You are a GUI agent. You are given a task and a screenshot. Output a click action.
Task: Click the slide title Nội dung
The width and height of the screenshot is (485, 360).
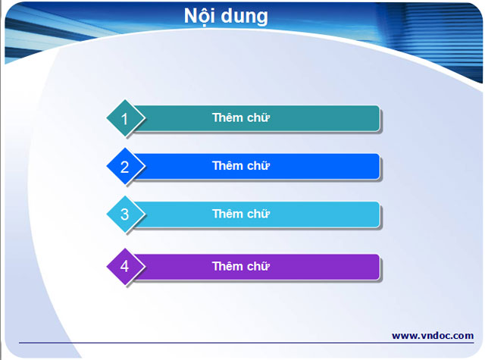tap(226, 16)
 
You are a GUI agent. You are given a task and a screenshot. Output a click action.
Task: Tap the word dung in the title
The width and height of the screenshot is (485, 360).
tap(244, 17)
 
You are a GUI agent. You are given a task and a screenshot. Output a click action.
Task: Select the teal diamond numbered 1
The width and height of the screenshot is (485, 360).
tap(125, 118)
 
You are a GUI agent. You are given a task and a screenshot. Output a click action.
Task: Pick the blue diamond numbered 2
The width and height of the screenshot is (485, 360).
tap(125, 167)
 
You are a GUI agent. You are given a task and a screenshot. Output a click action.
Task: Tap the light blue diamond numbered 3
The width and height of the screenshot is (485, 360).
tap(125, 214)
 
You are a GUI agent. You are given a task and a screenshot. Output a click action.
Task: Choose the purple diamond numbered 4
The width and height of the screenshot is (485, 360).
tap(125, 266)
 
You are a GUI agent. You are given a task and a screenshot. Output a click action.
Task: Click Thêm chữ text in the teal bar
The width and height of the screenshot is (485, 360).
tap(241, 117)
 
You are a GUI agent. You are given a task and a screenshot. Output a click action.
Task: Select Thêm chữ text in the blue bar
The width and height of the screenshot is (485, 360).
tap(241, 166)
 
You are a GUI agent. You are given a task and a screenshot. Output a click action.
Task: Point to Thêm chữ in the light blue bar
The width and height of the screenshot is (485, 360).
tap(241, 214)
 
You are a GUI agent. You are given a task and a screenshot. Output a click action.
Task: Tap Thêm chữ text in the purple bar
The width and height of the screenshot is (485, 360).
tap(241, 266)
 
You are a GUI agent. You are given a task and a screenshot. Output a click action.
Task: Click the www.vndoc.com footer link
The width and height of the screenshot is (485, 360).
tap(432, 335)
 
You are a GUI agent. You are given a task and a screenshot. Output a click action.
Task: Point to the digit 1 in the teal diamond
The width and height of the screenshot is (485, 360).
tap(125, 118)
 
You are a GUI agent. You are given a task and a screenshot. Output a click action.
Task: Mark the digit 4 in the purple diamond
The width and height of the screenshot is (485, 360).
tap(125, 266)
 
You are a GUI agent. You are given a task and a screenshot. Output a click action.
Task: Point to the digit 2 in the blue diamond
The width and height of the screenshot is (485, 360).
tap(125, 167)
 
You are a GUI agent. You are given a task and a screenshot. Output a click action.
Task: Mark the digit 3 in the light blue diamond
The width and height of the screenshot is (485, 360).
tap(125, 214)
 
